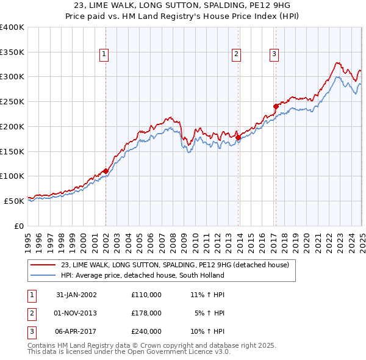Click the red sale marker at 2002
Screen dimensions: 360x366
(x=106, y=171)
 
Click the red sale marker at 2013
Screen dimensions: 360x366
(x=238, y=137)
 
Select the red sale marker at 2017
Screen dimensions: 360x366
(x=276, y=106)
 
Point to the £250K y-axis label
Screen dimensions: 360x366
(x=12, y=102)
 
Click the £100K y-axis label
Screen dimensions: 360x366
(x=12, y=176)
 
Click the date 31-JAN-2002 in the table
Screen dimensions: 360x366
(x=76, y=295)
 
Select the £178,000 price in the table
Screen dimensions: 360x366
(x=146, y=313)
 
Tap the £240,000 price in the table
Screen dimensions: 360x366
(x=146, y=331)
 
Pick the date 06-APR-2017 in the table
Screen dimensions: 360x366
(x=76, y=331)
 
